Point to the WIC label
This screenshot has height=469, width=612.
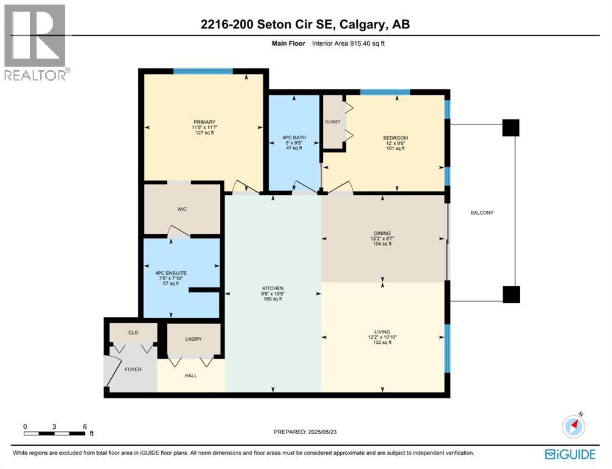coord(181,209)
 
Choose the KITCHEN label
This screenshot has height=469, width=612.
coord(272,288)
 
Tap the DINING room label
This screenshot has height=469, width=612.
coord(382,233)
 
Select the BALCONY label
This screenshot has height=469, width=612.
coord(481,213)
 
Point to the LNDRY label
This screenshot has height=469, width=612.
coord(193,339)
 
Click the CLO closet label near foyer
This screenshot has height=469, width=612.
coord(133,333)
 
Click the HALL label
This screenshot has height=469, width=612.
coord(191,375)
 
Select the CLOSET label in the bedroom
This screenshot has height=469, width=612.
coord(333,122)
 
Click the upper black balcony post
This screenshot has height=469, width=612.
coord(511,128)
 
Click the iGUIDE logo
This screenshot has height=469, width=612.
coord(570,454)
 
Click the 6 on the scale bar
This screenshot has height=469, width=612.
coord(84,426)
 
